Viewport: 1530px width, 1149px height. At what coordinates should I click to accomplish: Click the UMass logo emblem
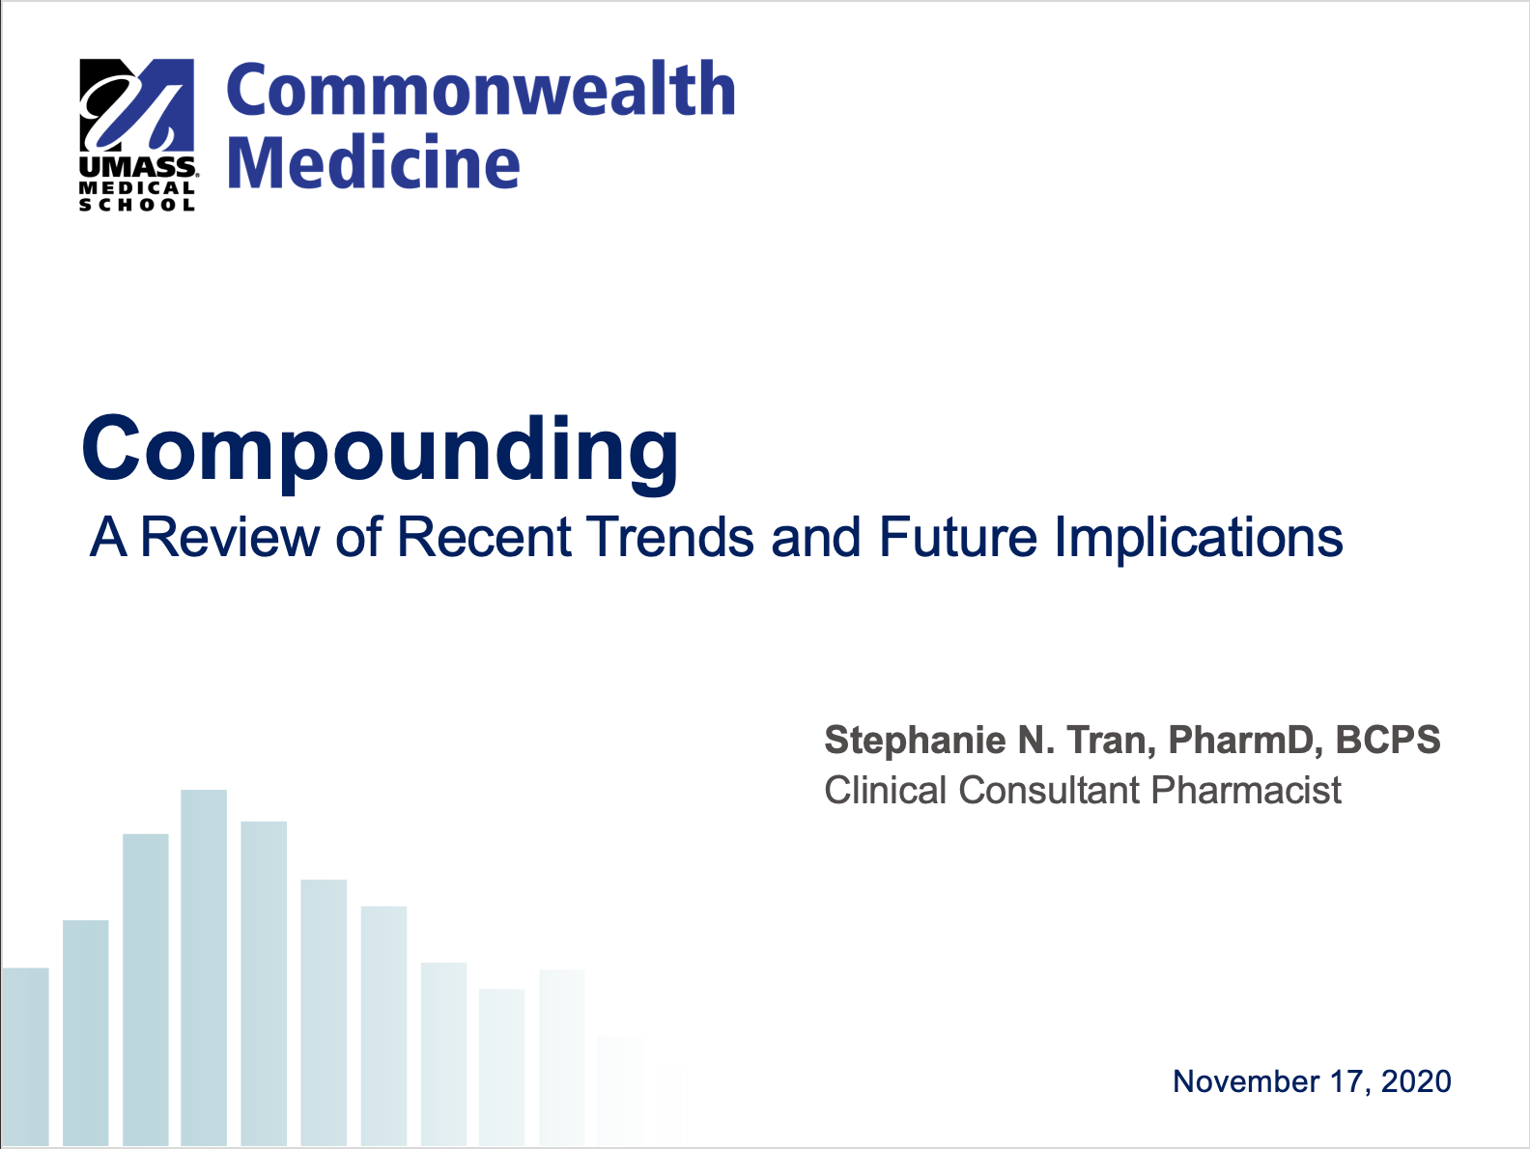click(x=136, y=104)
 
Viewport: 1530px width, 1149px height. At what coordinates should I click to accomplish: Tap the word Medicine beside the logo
click(x=374, y=162)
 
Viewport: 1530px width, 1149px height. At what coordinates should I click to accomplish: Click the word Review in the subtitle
click(x=230, y=537)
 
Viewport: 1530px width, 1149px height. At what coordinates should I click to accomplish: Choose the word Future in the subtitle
click(x=958, y=537)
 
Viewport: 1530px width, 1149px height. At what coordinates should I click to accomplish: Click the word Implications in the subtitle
click(x=1198, y=539)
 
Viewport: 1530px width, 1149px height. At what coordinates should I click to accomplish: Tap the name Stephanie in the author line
click(x=916, y=741)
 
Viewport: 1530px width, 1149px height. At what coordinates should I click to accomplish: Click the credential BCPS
click(x=1388, y=740)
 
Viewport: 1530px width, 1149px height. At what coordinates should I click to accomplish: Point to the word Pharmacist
click(x=1246, y=790)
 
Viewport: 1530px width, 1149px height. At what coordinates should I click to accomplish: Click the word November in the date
click(x=1246, y=1082)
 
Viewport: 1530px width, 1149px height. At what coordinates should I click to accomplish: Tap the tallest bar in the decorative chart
click(x=204, y=968)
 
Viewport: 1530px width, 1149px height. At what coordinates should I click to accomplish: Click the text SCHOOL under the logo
click(x=136, y=205)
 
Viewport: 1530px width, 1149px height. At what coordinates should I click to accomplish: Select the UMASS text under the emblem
click(x=138, y=167)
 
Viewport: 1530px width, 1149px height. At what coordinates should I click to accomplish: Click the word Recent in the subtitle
click(x=485, y=537)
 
